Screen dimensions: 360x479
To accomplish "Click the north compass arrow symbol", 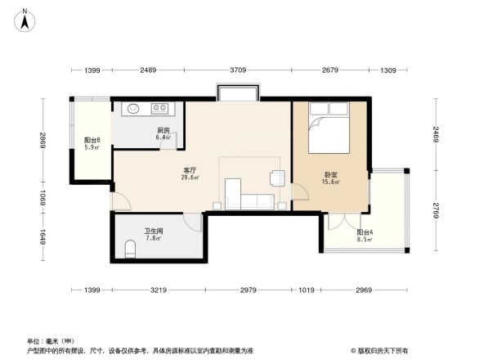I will point(26,19).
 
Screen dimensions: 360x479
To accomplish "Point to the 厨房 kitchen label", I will point(163,131).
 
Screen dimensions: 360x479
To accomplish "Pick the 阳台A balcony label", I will point(365,233).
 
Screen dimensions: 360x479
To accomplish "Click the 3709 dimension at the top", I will point(238,71).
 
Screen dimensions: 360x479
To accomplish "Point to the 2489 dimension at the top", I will point(148,71).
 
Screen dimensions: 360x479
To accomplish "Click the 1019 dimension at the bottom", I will point(307,290).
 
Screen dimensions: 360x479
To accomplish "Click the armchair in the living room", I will point(277,177).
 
